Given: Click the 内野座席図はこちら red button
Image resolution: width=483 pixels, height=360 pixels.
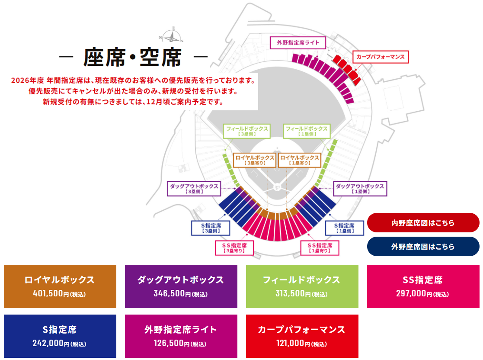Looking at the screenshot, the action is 423,223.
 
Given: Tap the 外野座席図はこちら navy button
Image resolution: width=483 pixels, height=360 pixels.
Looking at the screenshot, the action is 423,247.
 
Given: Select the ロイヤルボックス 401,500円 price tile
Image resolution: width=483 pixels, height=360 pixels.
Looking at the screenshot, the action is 60,286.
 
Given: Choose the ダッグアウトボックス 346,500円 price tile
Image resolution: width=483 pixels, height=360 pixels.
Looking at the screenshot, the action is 181,286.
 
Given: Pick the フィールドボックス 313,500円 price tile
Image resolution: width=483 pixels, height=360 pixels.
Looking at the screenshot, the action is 302,286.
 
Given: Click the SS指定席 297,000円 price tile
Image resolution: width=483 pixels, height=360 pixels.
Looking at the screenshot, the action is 422,286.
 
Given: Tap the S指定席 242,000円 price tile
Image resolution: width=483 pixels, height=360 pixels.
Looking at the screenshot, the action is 60,336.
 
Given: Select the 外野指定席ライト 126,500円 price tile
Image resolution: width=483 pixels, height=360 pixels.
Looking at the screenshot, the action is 181,336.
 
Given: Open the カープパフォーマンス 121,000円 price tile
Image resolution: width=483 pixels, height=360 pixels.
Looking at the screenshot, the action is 302,336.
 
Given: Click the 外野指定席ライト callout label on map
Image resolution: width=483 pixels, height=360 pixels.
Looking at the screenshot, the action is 298,43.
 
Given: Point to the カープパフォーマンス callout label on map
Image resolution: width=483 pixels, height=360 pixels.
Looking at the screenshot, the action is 381,57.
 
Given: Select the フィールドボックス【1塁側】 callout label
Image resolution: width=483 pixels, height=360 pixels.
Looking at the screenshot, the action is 307,131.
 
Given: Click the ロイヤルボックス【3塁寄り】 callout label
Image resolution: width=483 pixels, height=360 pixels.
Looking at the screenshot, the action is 254,160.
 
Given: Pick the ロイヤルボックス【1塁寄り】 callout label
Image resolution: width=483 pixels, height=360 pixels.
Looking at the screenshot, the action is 300,160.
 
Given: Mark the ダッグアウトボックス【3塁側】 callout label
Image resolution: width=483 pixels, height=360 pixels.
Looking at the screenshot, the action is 194,188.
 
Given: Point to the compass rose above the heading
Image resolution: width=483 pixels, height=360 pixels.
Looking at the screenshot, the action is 172,36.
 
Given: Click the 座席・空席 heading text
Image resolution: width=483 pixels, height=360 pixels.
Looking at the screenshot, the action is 133,58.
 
